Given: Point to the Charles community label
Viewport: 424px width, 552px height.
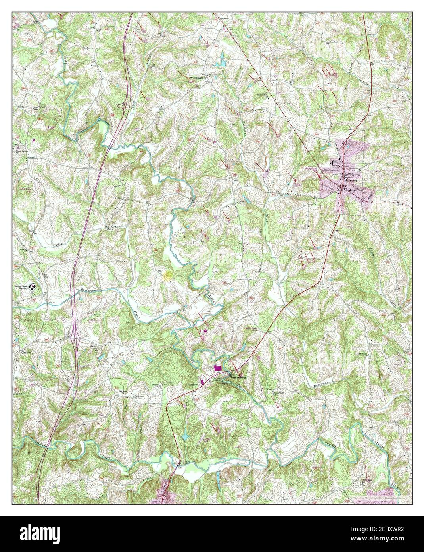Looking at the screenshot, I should (x=26, y=352).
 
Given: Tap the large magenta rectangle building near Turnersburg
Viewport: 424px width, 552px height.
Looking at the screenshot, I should (x=218, y=369).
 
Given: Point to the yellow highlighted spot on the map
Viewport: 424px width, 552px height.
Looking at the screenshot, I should (x=169, y=274).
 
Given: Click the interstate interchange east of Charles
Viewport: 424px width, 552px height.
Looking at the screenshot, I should (x=75, y=334).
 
